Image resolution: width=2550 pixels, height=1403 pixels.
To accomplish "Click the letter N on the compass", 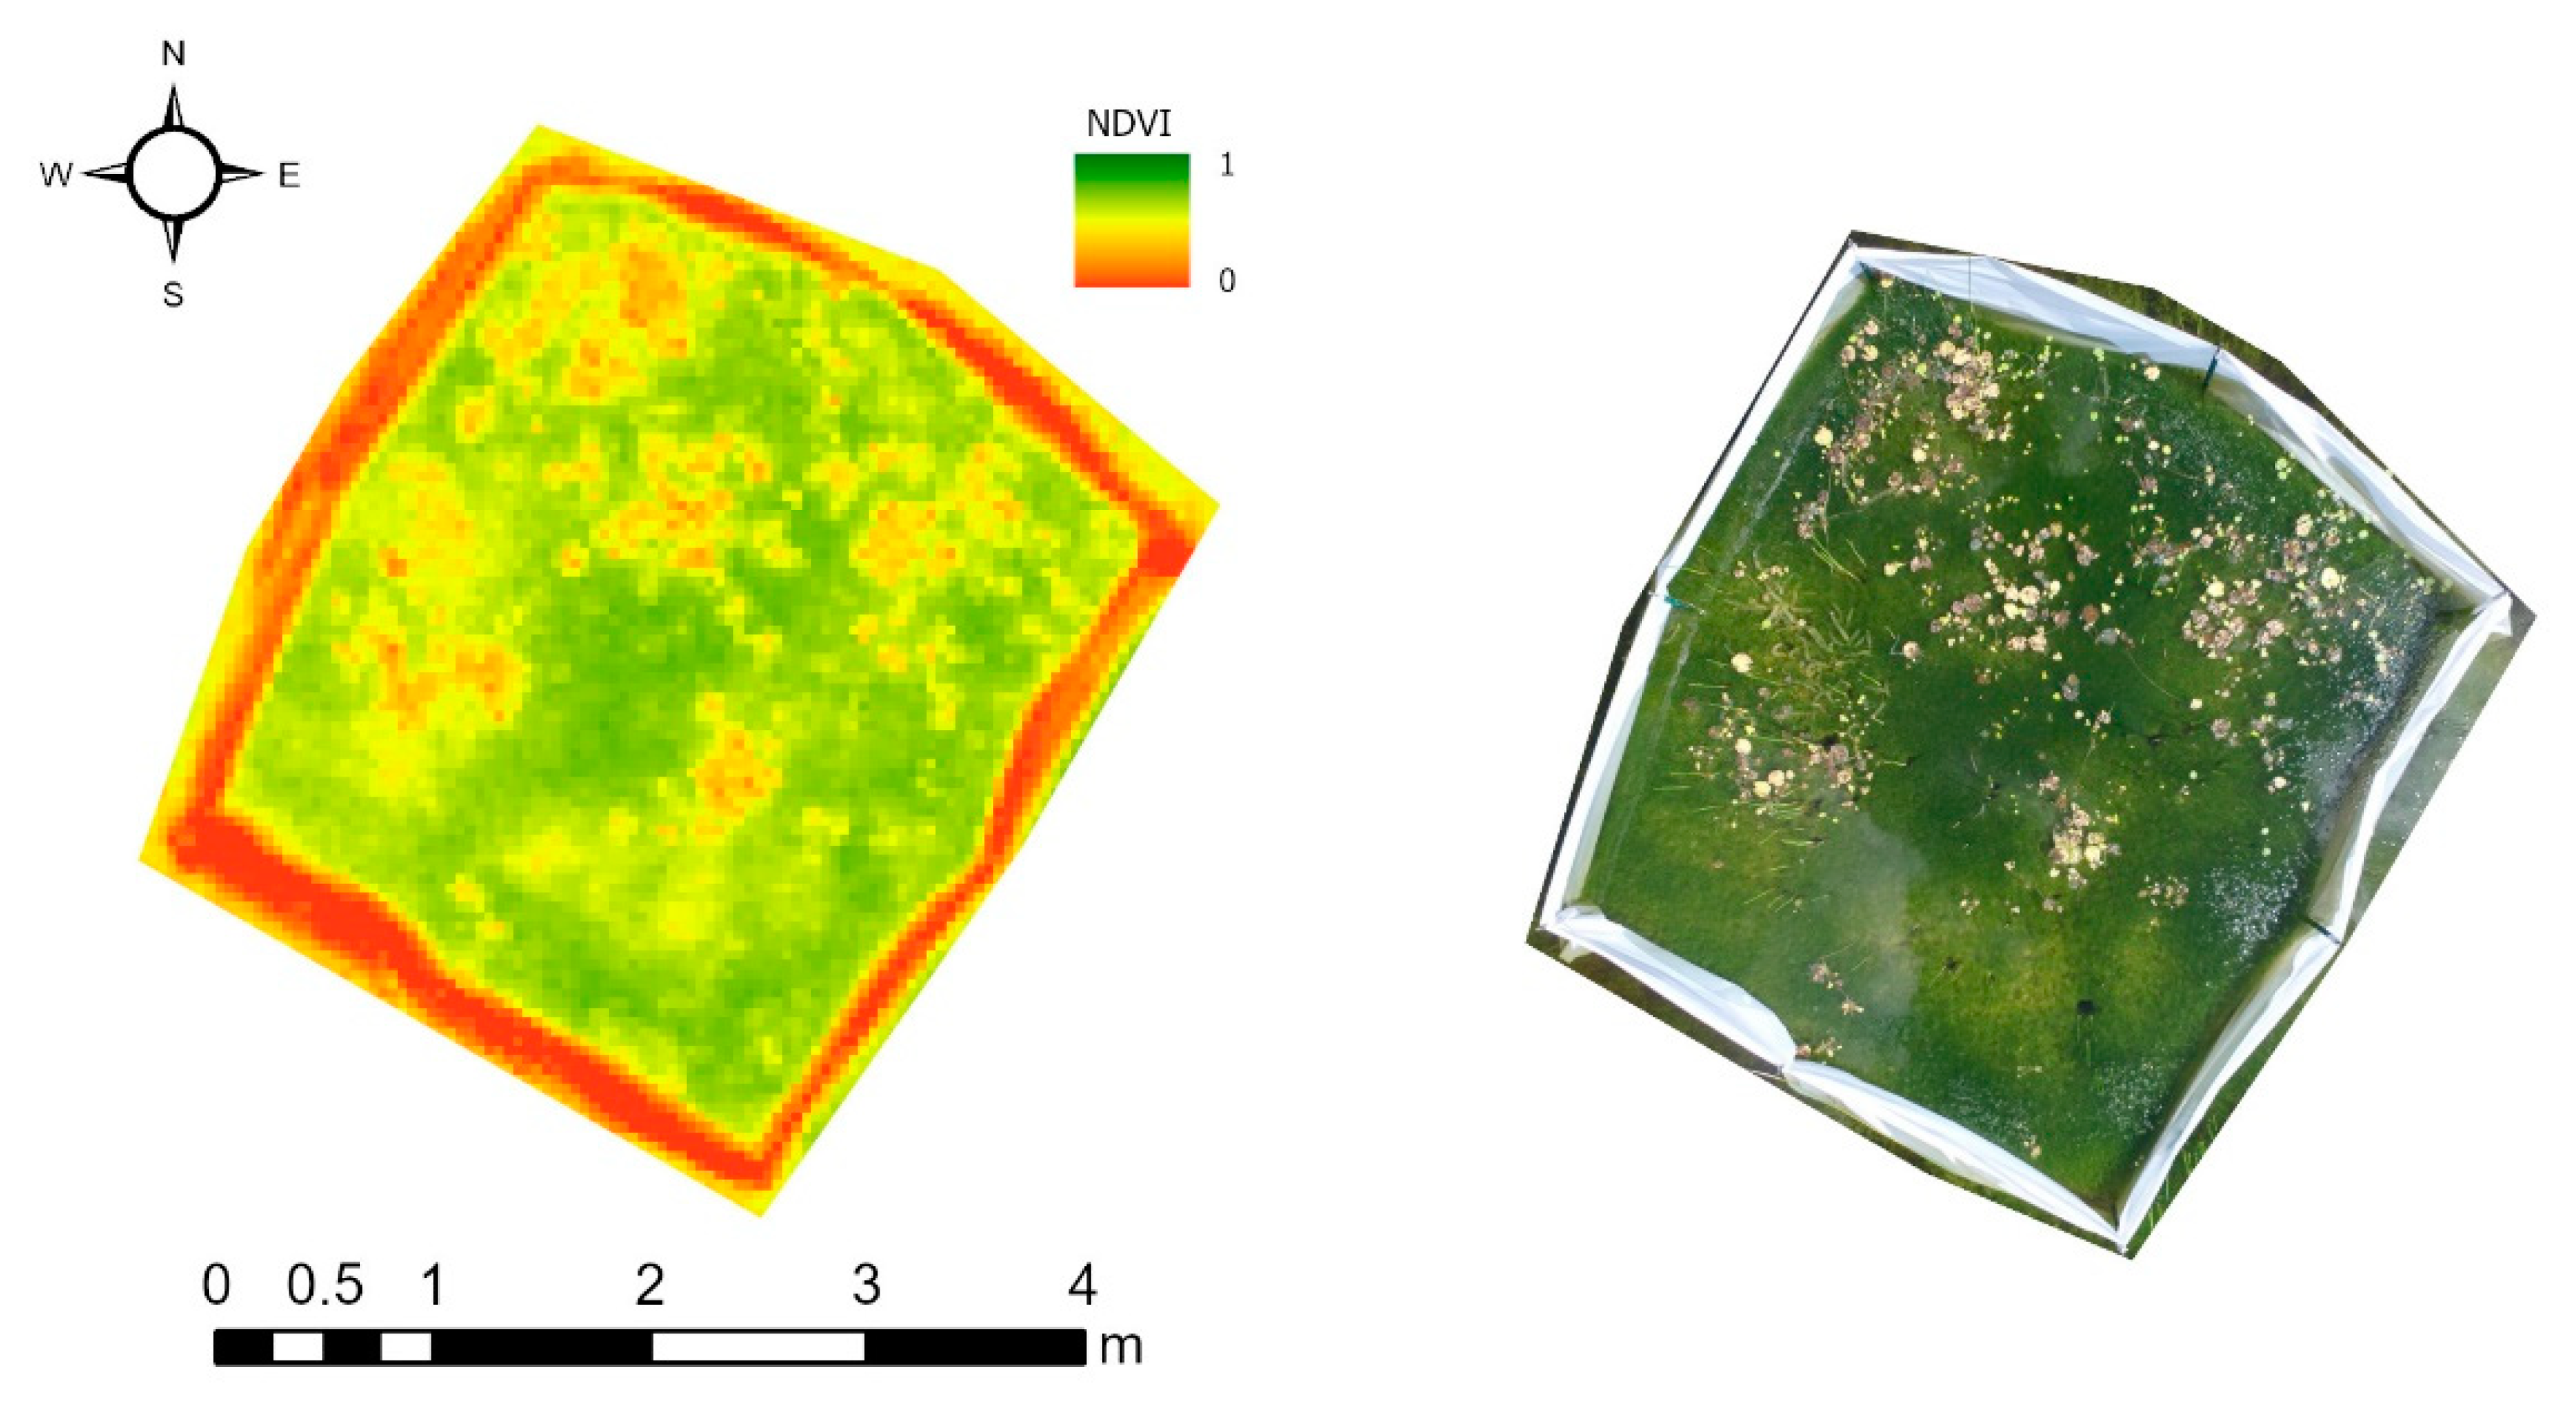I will (173, 54).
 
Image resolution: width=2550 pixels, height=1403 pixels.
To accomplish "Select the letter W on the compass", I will (56, 175).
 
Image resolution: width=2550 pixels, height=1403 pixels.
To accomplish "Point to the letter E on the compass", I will (288, 176).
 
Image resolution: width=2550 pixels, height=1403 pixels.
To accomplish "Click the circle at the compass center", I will (173, 173).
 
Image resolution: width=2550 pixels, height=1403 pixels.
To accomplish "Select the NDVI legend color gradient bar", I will (1131, 221).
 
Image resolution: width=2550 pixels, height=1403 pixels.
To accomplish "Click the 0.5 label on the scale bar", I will (325, 1285).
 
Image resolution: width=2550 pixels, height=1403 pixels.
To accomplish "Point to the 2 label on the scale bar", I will (649, 1285).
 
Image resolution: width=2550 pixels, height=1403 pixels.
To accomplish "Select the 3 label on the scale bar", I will (866, 1285).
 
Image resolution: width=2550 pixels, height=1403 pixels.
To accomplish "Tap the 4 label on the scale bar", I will (1082, 1285).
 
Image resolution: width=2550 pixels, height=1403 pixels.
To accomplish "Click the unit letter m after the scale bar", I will (1121, 1347).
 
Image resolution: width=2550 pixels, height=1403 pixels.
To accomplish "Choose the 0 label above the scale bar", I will (217, 1285).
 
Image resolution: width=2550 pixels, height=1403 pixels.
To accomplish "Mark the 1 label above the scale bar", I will (433, 1285).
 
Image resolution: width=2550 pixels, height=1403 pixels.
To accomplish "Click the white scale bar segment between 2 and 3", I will (758, 1347).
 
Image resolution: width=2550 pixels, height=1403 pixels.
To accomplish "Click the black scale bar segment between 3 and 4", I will (975, 1347).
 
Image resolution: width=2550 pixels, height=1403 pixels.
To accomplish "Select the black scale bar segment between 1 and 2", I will (541, 1347).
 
